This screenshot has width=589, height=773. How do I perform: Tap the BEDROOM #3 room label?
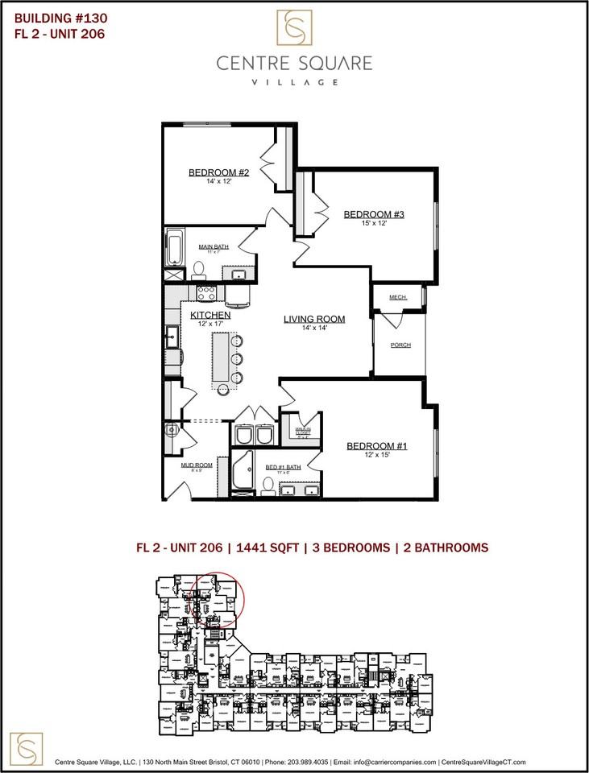pyautogui.click(x=373, y=213)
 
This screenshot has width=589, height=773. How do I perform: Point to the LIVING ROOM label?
pyautogui.click(x=314, y=319)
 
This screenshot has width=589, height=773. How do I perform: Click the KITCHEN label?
pyautogui.click(x=210, y=315)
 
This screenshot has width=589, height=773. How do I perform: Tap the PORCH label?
pyautogui.click(x=400, y=345)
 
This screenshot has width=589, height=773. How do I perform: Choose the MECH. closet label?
pyautogui.click(x=398, y=297)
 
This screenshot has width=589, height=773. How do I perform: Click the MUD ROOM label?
pyautogui.click(x=197, y=465)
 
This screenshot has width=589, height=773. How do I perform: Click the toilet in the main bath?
pyautogui.click(x=199, y=269)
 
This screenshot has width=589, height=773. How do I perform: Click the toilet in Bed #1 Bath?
pyautogui.click(x=268, y=485)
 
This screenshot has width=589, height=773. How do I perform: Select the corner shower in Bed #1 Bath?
pyautogui.click(x=243, y=472)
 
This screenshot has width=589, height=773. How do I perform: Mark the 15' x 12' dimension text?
pyautogui.click(x=373, y=223)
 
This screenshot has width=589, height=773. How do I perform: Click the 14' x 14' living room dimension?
pyautogui.click(x=314, y=329)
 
